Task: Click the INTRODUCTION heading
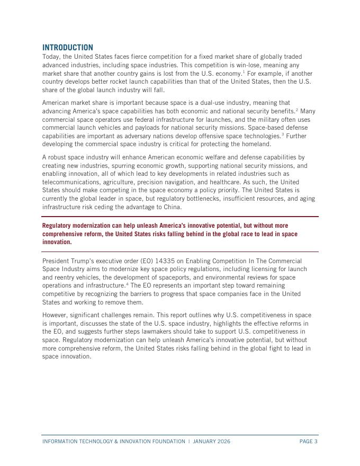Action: tap(68, 48)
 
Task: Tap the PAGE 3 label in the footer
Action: tap(308, 442)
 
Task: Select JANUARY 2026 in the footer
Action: tap(211, 442)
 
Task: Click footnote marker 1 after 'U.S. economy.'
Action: tap(244, 71)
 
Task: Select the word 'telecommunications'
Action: tap(72, 182)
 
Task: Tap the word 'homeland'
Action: tap(254, 144)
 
